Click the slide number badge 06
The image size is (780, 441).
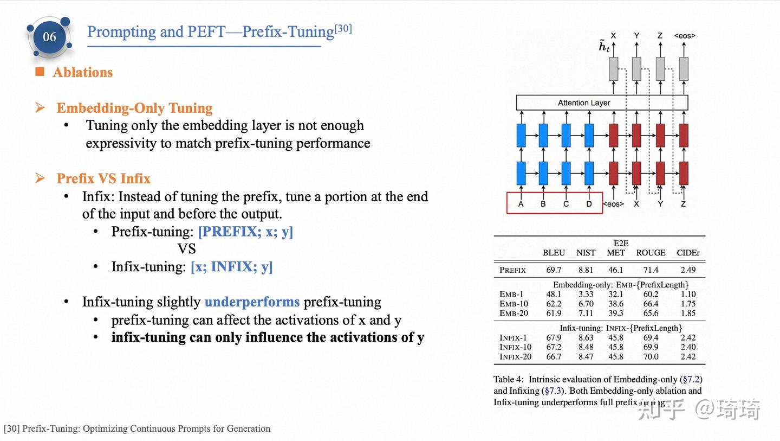(x=49, y=37)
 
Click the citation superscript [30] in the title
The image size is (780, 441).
(x=343, y=28)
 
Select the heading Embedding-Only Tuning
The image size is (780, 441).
(x=134, y=108)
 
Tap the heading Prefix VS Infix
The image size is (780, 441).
(x=103, y=178)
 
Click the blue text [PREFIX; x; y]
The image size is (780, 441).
(x=245, y=232)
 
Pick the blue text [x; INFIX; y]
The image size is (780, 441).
(x=232, y=267)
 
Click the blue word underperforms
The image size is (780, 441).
(x=252, y=302)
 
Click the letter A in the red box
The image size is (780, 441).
(x=521, y=204)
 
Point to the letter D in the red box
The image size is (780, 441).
(x=589, y=204)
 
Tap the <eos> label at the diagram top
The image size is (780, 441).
(x=685, y=36)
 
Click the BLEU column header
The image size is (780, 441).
(x=554, y=253)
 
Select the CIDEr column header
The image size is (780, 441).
(x=688, y=253)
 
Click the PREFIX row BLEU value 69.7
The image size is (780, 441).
(x=554, y=270)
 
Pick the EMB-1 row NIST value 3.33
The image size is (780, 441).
(x=586, y=295)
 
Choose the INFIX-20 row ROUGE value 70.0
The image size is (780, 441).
(x=651, y=357)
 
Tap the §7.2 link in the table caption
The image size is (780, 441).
(x=692, y=379)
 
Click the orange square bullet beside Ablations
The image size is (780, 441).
(x=40, y=72)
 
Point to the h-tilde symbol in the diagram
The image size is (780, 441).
(x=604, y=47)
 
